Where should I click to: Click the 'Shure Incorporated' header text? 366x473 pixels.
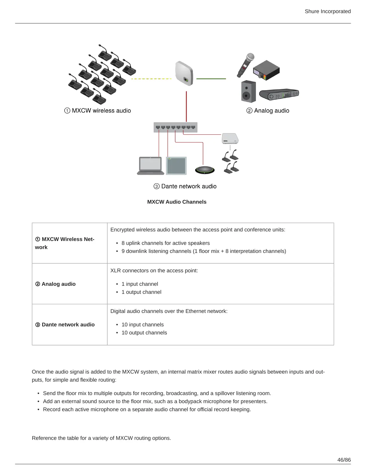[x=327, y=11]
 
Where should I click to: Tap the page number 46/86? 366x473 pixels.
[x=344, y=460]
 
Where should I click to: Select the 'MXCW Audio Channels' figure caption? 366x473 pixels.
[x=177, y=202]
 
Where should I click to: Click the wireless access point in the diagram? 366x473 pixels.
[x=184, y=73]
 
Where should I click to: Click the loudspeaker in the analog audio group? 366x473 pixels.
[x=248, y=91]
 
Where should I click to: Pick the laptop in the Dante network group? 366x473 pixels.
[x=151, y=165]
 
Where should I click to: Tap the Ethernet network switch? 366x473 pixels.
[x=176, y=127]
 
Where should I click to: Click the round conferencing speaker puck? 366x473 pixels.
[x=205, y=170]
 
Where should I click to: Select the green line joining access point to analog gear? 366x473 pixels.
[x=211, y=79]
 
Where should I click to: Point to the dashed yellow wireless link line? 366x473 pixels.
[x=151, y=79]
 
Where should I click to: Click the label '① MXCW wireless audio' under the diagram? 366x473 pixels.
[x=97, y=110]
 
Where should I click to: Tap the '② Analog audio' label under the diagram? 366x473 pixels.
[x=268, y=110]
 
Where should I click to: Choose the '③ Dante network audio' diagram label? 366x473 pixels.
[x=185, y=186]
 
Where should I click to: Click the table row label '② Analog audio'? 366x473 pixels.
[x=56, y=284]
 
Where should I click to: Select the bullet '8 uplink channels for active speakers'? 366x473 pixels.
[x=165, y=243]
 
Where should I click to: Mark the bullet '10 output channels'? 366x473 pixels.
[x=144, y=333]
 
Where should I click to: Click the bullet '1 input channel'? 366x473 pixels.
[x=140, y=284]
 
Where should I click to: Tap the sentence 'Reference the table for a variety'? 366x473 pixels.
[x=101, y=438]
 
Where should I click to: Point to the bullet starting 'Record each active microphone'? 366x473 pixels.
[x=147, y=409]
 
